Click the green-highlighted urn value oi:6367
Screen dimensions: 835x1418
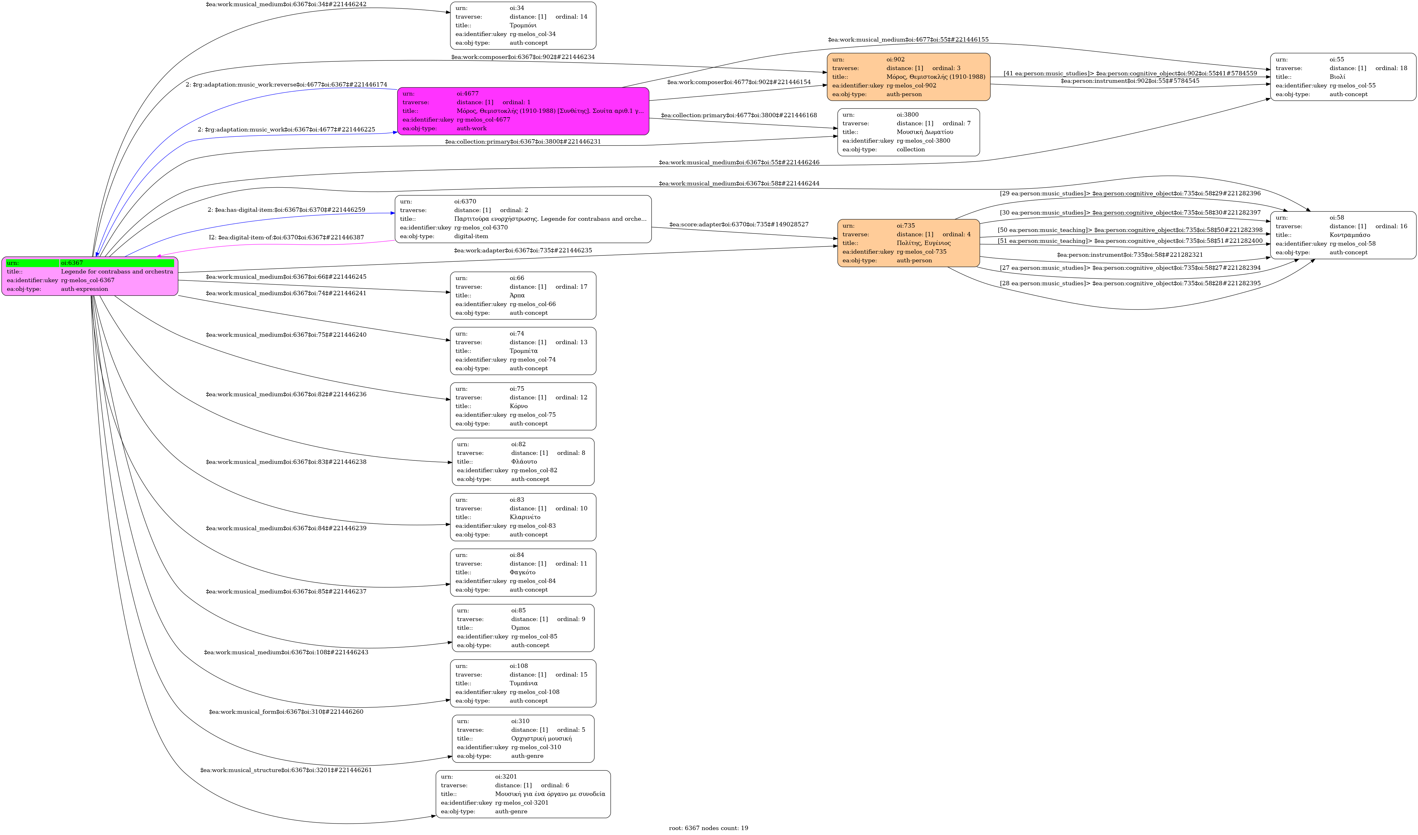pos(72,263)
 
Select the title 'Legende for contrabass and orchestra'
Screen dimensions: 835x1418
pos(117,271)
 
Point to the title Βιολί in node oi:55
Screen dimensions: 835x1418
pos(1337,77)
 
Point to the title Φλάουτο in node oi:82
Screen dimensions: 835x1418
pos(524,462)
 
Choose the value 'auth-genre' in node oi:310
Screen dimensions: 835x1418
pos(527,756)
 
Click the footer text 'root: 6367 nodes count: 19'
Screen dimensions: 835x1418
pos(708,828)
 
